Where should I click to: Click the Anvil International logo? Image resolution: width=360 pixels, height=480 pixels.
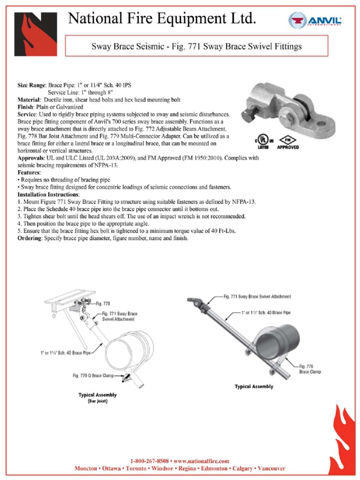click(x=315, y=21)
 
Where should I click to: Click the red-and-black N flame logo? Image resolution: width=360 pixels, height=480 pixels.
click(x=36, y=34)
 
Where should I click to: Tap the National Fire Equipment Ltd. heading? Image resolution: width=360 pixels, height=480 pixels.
click(x=162, y=19)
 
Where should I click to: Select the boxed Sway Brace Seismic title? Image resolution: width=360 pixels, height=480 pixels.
click(x=196, y=46)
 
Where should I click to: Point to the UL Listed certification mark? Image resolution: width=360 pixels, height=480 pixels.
click(x=263, y=141)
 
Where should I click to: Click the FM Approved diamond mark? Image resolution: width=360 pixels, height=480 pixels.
click(x=288, y=141)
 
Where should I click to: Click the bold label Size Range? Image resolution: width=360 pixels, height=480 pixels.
click(x=32, y=86)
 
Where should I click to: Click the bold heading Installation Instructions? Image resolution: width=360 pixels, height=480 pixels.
click(x=48, y=194)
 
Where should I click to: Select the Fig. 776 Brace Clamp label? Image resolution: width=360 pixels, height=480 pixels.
click(x=310, y=368)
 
